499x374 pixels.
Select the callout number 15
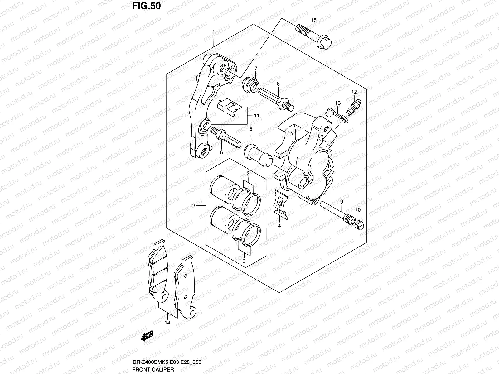pyautogui.click(x=313, y=20)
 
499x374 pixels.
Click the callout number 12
pyautogui.click(x=354, y=92)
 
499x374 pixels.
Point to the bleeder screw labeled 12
pyautogui.click(x=353, y=108)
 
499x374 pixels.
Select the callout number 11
pyautogui.click(x=256, y=116)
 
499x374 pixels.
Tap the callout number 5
pyautogui.click(x=251, y=129)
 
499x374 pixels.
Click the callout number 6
pyautogui.click(x=221, y=152)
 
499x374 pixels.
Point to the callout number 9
pyautogui.click(x=342, y=202)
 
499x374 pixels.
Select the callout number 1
pyautogui.click(x=213, y=32)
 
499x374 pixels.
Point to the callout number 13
pyautogui.click(x=338, y=103)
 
